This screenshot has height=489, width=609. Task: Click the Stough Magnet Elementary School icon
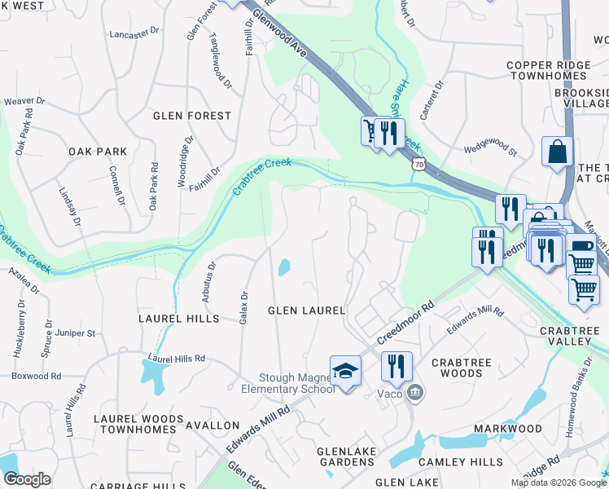345,371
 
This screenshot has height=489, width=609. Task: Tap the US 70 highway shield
418,164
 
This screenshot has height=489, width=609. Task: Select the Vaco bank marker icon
415,394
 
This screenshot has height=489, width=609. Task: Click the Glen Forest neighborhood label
192,116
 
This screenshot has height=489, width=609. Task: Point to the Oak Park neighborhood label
98,152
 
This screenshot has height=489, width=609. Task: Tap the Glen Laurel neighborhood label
308,311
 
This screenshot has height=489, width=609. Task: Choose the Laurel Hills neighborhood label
179,318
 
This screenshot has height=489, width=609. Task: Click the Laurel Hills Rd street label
176,358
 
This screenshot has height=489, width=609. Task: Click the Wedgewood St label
490,149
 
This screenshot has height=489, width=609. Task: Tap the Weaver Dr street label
23,101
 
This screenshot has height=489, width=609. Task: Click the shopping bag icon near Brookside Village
557,152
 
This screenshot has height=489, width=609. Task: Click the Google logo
26,479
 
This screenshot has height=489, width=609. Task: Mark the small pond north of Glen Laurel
284,267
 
